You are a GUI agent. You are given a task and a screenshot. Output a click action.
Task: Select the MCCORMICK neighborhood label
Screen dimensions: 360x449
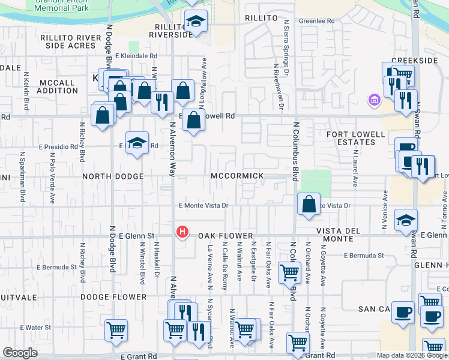(237, 176)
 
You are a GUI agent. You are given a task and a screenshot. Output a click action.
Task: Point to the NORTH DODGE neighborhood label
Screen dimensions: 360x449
(113, 176)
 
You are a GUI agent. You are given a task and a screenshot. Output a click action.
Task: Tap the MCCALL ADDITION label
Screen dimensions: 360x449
(58, 86)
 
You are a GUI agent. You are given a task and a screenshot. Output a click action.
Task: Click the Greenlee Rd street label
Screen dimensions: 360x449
(316, 21)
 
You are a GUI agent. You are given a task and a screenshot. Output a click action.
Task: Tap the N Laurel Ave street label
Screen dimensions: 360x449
(355, 161)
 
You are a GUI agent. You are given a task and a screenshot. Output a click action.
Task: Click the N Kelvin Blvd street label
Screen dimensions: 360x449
(27, 92)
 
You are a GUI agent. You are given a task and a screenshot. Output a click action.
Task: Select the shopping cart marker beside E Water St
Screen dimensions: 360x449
(116, 329)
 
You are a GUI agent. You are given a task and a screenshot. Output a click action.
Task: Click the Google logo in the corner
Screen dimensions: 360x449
(20, 353)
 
